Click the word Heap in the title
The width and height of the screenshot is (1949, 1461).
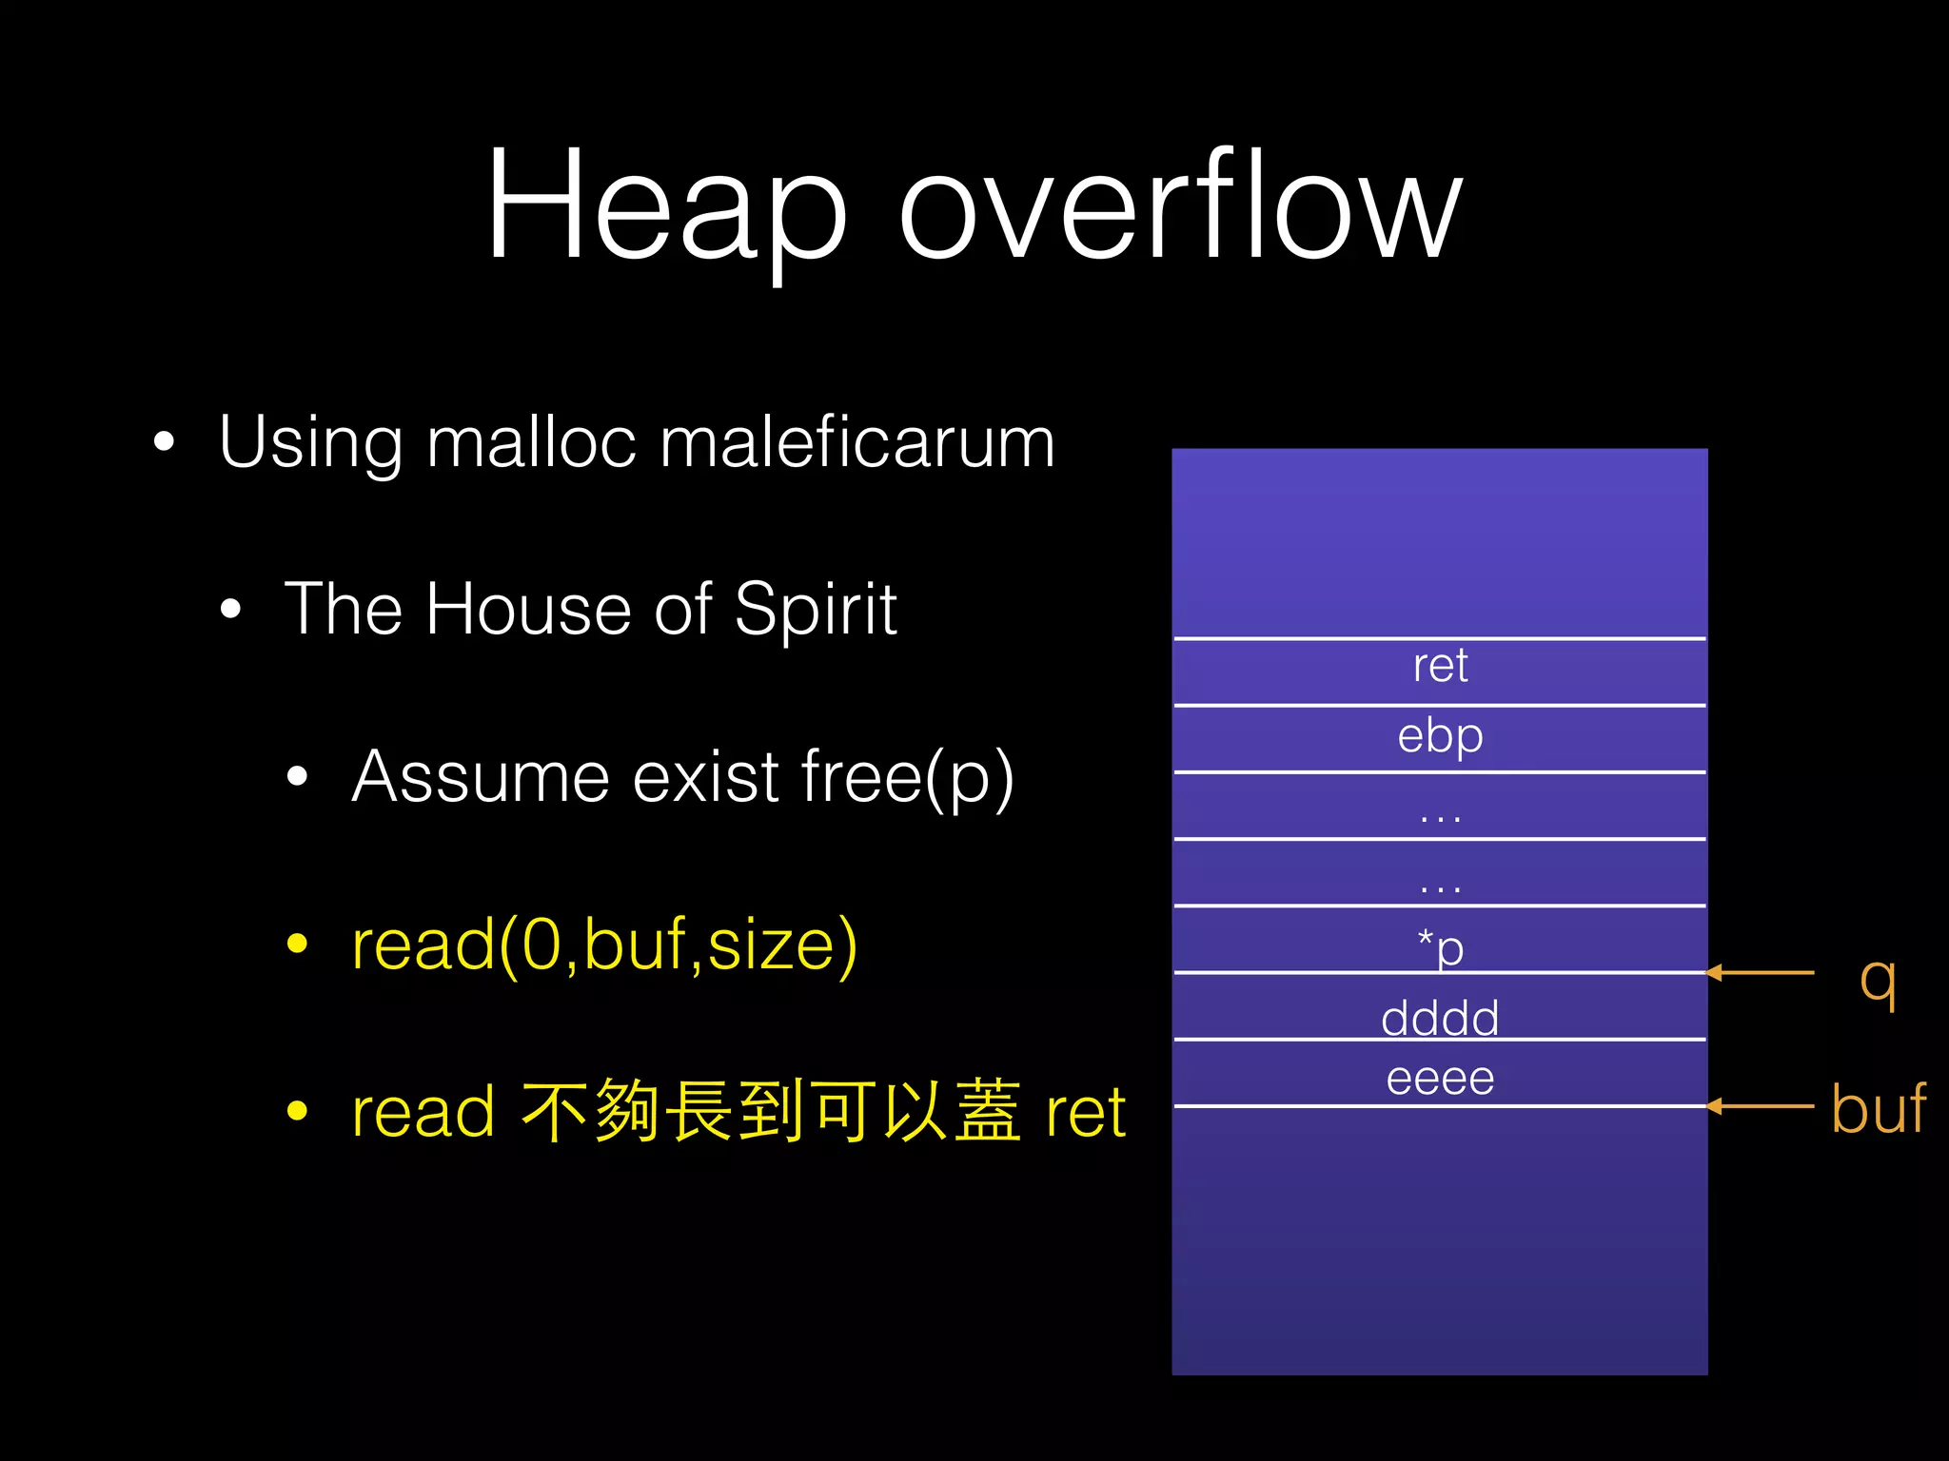(x=666, y=205)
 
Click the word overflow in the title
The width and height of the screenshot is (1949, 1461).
(x=1180, y=205)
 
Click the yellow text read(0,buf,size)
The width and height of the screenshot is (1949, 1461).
(x=604, y=945)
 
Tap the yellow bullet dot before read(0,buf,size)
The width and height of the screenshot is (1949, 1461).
(x=298, y=944)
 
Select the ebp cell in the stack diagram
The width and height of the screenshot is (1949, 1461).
(x=1440, y=736)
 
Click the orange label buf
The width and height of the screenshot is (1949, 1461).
(x=1879, y=1109)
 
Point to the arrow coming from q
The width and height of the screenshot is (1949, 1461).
(x=1761, y=973)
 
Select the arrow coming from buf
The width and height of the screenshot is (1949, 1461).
(x=1761, y=1106)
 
